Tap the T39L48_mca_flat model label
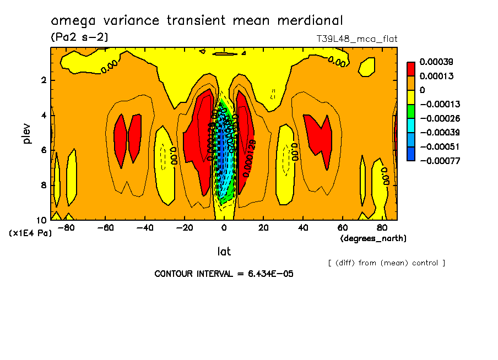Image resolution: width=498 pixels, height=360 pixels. point(356,39)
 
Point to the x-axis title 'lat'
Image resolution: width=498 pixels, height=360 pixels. point(224,252)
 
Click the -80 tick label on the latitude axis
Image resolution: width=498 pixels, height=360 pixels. point(66,227)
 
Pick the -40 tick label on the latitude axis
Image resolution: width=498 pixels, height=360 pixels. point(145,227)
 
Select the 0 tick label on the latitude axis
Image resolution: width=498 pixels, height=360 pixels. point(224,227)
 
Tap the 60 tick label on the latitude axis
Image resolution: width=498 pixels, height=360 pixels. point(342,227)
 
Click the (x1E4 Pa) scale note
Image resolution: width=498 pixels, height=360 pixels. point(30,233)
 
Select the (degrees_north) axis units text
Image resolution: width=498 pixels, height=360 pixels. point(373,238)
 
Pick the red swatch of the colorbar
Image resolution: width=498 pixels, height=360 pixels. point(411,69)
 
